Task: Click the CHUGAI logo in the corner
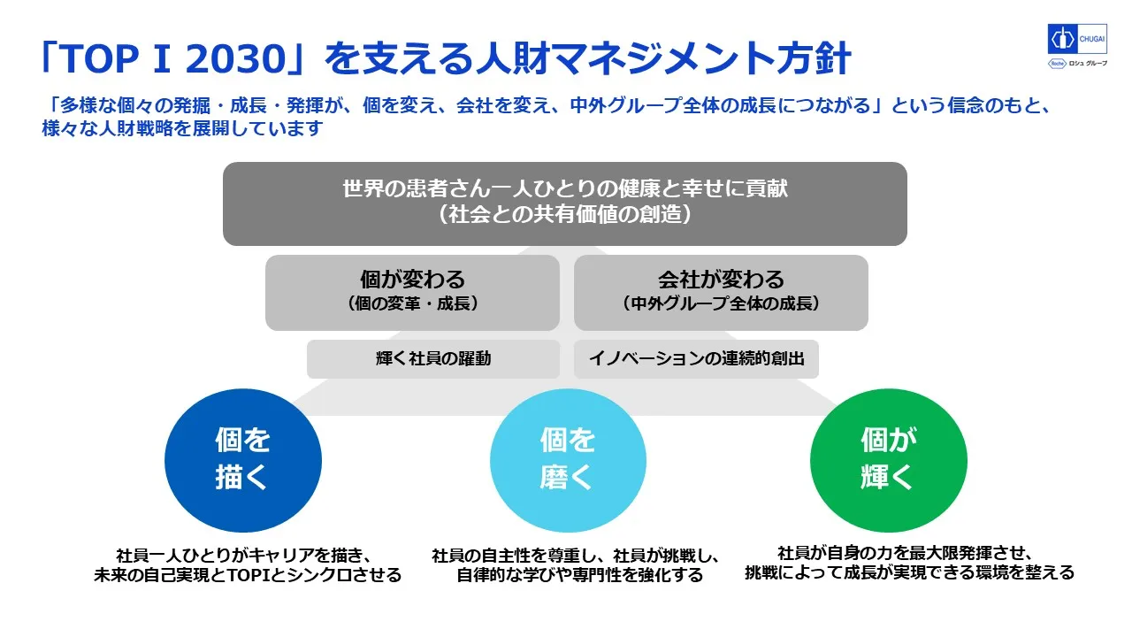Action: point(1077,38)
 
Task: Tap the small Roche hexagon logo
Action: point(1056,63)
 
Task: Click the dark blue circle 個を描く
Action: point(243,460)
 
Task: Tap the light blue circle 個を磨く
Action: point(568,460)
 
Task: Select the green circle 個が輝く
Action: point(889,460)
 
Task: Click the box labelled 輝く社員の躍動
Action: point(433,359)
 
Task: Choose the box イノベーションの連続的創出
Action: point(696,359)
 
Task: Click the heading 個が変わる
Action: point(412,279)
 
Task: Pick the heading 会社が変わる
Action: point(721,279)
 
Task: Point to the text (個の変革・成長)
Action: point(412,303)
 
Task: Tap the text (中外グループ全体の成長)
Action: point(721,303)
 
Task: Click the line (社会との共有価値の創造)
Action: point(565,214)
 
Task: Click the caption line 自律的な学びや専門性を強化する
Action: point(579,575)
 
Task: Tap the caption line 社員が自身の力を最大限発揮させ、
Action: point(905,553)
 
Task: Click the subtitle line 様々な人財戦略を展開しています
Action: point(182,128)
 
